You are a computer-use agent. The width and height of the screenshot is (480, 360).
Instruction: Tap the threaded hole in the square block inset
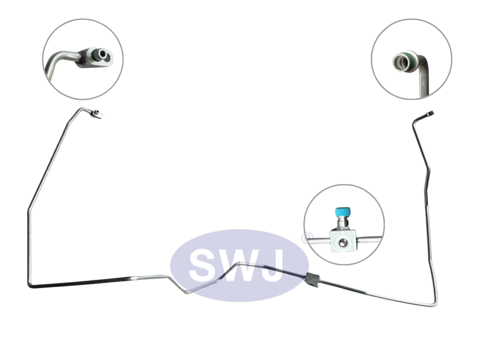point(342,243)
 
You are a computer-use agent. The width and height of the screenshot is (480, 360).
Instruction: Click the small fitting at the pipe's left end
point(97,114)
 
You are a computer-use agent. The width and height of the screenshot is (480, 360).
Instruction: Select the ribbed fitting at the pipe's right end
point(430,114)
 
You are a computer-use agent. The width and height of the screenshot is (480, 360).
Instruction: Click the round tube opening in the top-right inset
point(401,62)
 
